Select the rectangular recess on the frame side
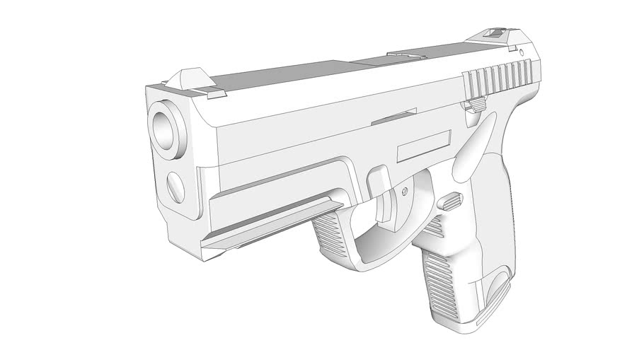pos(424,146)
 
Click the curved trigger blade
pos(388,210)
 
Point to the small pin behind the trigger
pos(404,190)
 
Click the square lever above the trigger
pos(379,180)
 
